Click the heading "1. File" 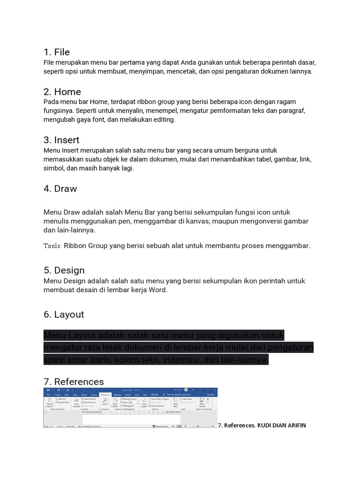click(57, 52)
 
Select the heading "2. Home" click(62, 92)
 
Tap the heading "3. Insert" click(61, 140)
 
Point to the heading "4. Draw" click(60, 189)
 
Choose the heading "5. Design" click(64, 270)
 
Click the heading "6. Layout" click(64, 315)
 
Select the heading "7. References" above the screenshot click(74, 382)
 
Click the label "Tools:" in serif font click(52, 246)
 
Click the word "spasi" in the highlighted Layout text click(53, 360)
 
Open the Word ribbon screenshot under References click(130, 407)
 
